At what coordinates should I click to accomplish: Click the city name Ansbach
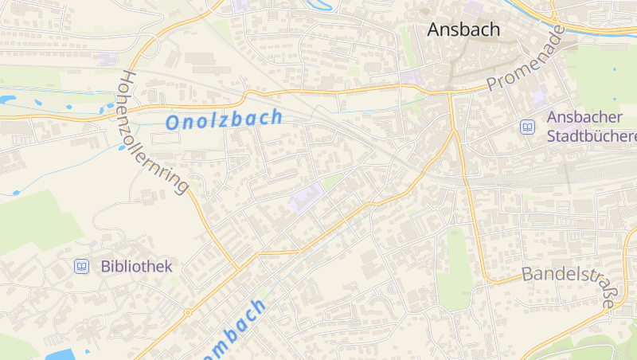463,30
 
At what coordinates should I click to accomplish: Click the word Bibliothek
136,267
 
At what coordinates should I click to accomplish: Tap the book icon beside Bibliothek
81,267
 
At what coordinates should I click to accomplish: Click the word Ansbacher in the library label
584,117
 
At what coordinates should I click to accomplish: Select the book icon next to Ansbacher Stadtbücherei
527,127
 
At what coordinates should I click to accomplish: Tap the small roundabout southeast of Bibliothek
188,312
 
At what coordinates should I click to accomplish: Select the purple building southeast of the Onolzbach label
307,196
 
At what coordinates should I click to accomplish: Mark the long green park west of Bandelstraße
455,271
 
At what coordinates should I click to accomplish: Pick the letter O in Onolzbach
173,123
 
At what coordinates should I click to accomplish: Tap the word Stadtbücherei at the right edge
592,136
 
